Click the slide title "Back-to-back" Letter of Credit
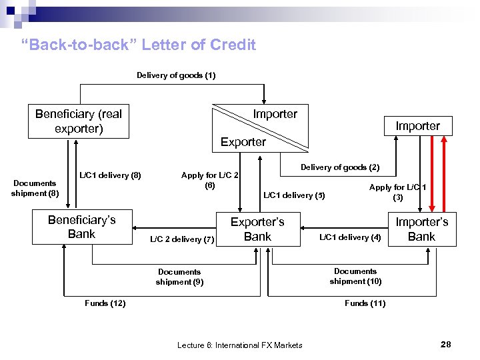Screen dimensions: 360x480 pyautogui.click(x=139, y=45)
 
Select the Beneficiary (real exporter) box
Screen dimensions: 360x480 pyautogui.click(x=79, y=121)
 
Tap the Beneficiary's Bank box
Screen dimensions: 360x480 pyautogui.click(x=82, y=227)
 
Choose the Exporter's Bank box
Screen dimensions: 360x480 pyautogui.click(x=257, y=229)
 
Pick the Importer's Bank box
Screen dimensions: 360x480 pyautogui.click(x=421, y=229)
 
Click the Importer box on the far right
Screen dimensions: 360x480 pyautogui.click(x=418, y=126)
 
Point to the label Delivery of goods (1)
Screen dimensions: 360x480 pyautogui.click(x=176, y=75)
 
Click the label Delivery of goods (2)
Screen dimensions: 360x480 pyautogui.click(x=340, y=167)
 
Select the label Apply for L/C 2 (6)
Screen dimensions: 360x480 pyautogui.click(x=210, y=181)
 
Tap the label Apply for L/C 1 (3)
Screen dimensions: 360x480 pyautogui.click(x=398, y=193)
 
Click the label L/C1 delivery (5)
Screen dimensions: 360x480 pyautogui.click(x=294, y=195)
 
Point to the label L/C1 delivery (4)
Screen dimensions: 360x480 pyautogui.click(x=350, y=237)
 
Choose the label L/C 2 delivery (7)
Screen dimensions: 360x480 pyautogui.click(x=181, y=239)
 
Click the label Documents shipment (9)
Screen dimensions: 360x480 pyautogui.click(x=179, y=277)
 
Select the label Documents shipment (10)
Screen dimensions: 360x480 pyautogui.click(x=355, y=276)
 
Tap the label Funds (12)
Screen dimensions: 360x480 pyautogui.click(x=105, y=303)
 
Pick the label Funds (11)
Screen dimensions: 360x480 pyautogui.click(x=365, y=303)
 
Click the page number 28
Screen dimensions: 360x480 pyautogui.click(x=446, y=344)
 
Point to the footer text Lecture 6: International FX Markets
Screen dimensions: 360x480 pyautogui.click(x=239, y=345)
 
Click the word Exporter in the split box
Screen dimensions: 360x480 pyautogui.click(x=243, y=141)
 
